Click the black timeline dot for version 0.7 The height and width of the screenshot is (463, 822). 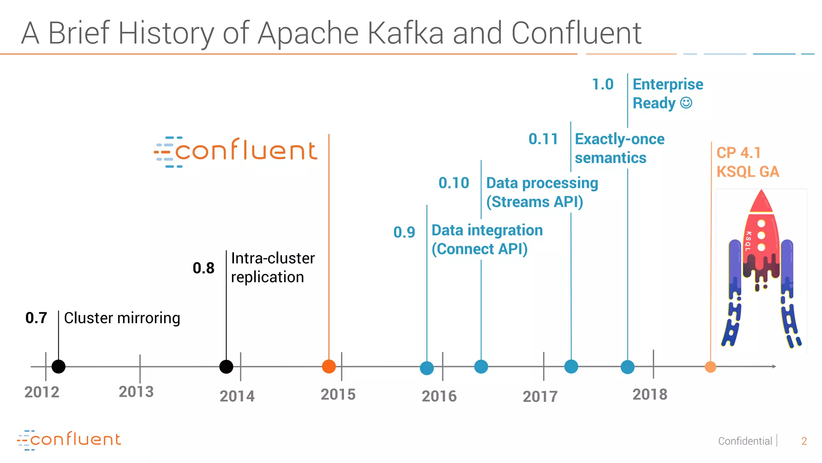click(59, 367)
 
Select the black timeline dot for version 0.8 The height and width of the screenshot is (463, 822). click(226, 367)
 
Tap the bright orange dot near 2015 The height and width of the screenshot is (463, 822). click(329, 367)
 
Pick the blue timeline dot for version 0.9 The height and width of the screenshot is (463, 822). click(427, 368)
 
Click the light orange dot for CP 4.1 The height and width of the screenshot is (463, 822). click(710, 367)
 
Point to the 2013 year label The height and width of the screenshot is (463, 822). click(136, 392)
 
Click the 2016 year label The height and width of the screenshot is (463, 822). click(439, 396)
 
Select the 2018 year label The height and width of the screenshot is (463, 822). click(650, 394)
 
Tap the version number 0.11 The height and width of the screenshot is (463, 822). click(543, 139)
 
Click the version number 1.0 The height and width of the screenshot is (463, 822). click(602, 84)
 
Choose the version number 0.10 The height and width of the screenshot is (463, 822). click(454, 183)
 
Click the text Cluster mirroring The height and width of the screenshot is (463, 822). click(122, 318)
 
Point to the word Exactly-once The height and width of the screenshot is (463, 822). click(619, 139)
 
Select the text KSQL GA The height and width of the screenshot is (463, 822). click(748, 172)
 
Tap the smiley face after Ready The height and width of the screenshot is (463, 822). click(686, 103)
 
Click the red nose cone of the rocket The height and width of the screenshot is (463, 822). click(761, 201)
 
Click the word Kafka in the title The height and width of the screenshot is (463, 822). click(405, 33)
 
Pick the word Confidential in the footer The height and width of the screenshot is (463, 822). click(745, 441)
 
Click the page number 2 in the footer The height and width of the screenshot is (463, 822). click(804, 441)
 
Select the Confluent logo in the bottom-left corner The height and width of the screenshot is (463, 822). click(69, 440)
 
